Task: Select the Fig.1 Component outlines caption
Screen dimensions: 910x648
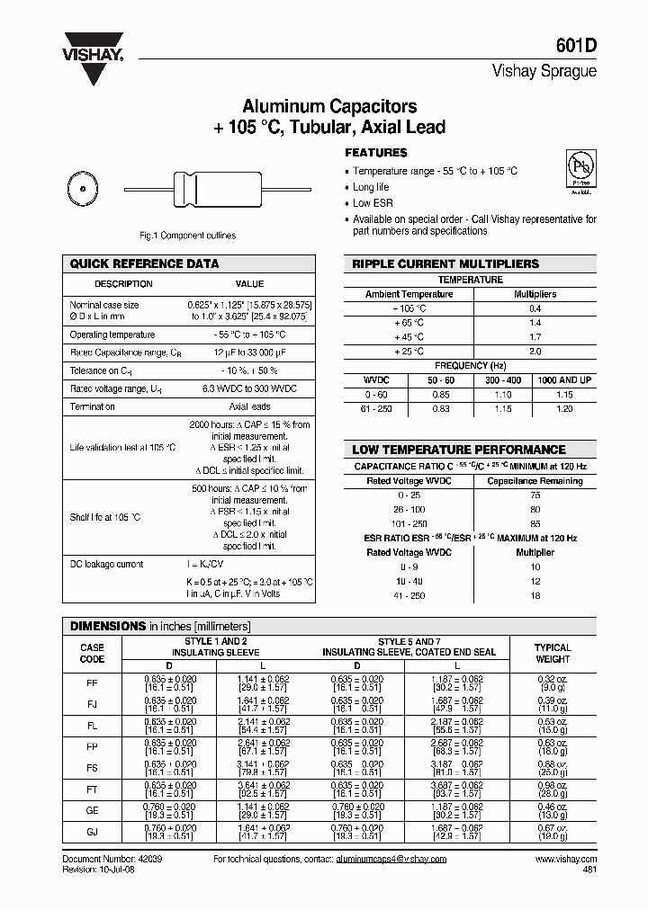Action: coord(187,236)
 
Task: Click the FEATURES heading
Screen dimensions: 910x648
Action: coord(376,153)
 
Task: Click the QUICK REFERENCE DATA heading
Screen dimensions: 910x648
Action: coord(144,264)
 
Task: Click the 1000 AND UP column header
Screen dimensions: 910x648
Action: coord(564,380)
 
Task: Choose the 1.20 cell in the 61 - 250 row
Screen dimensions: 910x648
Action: coord(564,408)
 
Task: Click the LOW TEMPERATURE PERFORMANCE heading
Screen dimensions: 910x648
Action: coord(458,450)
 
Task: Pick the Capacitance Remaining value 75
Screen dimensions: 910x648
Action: coord(535,495)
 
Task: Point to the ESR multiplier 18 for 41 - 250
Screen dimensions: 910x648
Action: coord(535,596)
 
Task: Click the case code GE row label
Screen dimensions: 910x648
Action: coord(92,810)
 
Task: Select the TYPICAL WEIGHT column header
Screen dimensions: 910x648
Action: coord(553,653)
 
